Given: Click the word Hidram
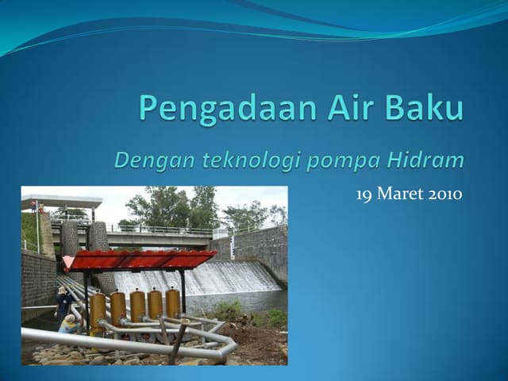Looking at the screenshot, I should (425, 160).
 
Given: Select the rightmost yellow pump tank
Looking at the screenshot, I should (173, 302).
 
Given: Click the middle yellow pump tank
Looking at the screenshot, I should (137, 306).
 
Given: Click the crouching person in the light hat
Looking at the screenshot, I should (70, 324).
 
